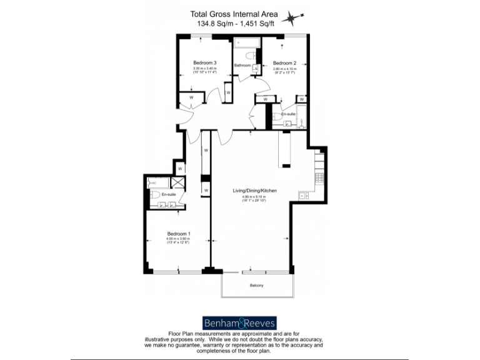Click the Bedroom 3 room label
pyautogui.click(x=204, y=62)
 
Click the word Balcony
pyautogui.click(x=256, y=285)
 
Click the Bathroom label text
pyautogui.click(x=242, y=65)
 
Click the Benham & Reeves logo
pyautogui.click(x=239, y=322)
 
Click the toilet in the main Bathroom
pyautogui.click(x=249, y=56)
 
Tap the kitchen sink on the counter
pyautogui.click(x=304, y=195)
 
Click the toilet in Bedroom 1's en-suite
pyautogui.click(x=154, y=194)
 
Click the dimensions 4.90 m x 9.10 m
pyautogui.click(x=254, y=197)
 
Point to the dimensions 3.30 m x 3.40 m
pyautogui.click(x=204, y=68)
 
